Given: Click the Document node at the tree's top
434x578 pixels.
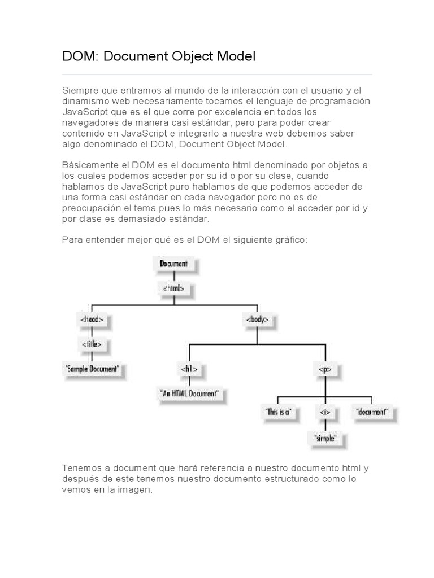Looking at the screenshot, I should click(x=173, y=264).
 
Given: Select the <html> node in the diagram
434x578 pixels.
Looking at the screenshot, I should click(x=173, y=288).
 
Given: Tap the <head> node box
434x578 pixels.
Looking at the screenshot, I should click(x=92, y=319).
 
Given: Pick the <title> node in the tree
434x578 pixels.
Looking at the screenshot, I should click(x=92, y=344).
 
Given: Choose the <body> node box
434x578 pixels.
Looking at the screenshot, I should click(x=257, y=319).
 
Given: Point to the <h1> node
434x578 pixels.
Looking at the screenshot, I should click(x=189, y=369).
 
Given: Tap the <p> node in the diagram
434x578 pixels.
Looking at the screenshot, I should click(x=324, y=369).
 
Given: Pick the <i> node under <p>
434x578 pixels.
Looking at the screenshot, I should click(x=324, y=412).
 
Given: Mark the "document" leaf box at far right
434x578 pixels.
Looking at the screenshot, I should click(x=372, y=412).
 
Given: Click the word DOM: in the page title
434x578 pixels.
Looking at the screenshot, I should click(x=77, y=56).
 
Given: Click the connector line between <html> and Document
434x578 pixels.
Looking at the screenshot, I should click(x=173, y=276).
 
